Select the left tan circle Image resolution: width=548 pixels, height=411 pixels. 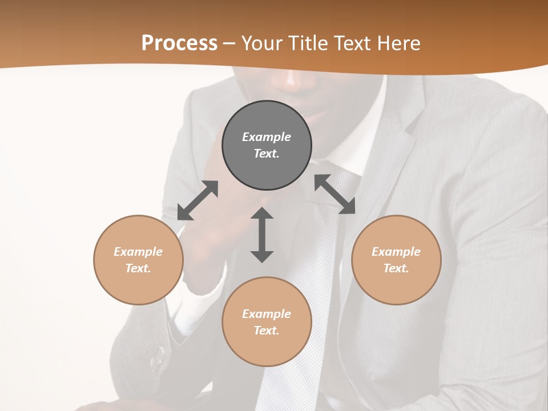pyautogui.click(x=138, y=260)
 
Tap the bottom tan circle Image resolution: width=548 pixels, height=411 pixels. pyautogui.click(x=267, y=321)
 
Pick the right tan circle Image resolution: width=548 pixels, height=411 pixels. pyautogui.click(x=396, y=260)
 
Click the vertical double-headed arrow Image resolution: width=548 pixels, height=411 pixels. pyautogui.click(x=262, y=235)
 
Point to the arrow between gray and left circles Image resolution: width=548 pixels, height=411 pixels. pyautogui.click(x=198, y=200)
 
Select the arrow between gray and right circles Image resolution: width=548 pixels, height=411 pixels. pyautogui.click(x=335, y=194)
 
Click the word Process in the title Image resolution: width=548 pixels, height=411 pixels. pyautogui.click(x=179, y=43)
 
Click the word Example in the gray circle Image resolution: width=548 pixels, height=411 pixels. pyautogui.click(x=267, y=137)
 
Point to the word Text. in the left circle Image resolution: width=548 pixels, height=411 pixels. pyautogui.click(x=138, y=268)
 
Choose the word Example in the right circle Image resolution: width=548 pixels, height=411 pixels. pyautogui.click(x=396, y=252)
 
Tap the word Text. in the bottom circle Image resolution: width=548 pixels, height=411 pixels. pyautogui.click(x=267, y=331)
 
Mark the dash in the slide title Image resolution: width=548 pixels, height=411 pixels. pyautogui.click(x=229, y=43)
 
